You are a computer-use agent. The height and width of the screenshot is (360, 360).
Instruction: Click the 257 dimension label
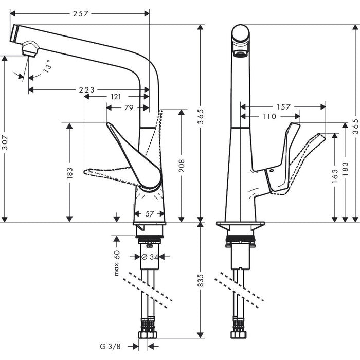pos(80,13)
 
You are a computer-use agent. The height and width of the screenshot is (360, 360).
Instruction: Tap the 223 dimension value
pos(86,90)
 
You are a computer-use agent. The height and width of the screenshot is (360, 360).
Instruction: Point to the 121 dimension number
pos(116,97)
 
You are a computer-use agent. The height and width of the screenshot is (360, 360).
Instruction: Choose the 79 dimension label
pos(129,107)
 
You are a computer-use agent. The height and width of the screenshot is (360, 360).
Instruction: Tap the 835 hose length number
pos(201,280)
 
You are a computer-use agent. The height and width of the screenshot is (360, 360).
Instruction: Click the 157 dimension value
pos(283,107)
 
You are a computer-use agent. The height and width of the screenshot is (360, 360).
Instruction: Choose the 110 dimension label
pos(269,117)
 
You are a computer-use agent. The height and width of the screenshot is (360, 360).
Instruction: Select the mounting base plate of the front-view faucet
pos(241,225)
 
